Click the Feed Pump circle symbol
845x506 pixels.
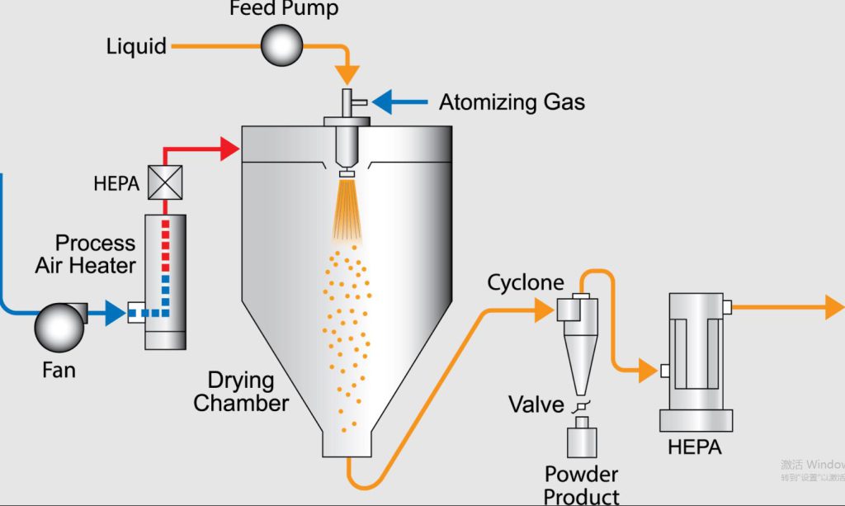point(282,45)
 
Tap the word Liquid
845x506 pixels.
point(136,45)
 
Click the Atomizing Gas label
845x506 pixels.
point(512,102)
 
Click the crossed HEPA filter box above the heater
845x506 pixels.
point(165,182)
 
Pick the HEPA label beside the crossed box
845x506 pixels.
point(116,183)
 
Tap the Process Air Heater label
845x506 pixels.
point(86,254)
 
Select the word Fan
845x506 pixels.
point(59,370)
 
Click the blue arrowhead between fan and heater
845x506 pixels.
point(115,313)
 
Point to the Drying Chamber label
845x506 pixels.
point(241,392)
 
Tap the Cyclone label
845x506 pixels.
point(526,283)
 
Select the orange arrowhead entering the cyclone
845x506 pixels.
point(544,310)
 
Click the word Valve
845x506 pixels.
point(536,404)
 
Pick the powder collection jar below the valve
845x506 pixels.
point(583,437)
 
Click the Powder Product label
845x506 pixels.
point(582,485)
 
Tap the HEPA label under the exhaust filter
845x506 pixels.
point(695,447)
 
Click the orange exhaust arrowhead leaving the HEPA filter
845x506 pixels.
point(833,308)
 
